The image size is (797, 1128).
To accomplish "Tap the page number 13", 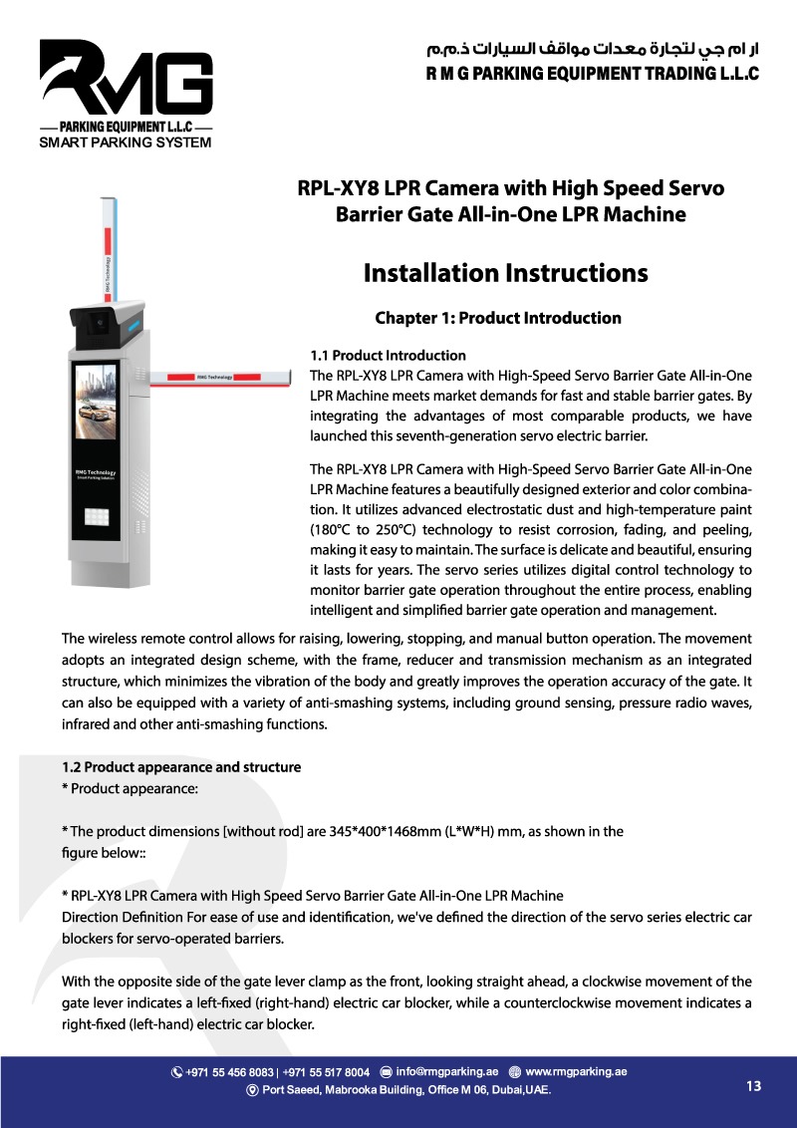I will [753, 1086].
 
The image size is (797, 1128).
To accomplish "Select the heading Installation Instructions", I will [505, 273].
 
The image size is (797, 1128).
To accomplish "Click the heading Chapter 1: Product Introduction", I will [497, 319].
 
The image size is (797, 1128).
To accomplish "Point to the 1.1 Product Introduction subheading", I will [388, 356].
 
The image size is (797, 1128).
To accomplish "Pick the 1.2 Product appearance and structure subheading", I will [181, 767].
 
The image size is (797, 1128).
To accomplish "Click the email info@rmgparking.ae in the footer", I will [446, 1072].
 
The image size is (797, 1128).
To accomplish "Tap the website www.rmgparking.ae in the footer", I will [575, 1072].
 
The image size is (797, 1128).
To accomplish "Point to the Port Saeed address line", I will [404, 1090].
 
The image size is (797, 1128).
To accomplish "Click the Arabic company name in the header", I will [592, 48].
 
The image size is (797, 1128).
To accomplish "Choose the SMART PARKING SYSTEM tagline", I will [125, 142].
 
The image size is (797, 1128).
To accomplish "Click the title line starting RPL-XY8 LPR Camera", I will [511, 188].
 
